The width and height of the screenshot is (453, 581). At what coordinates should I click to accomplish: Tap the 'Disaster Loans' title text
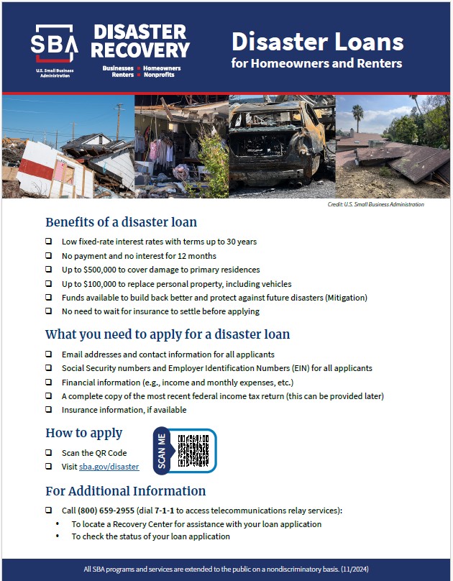(317, 42)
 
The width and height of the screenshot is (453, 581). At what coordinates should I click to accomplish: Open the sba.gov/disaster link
(109, 467)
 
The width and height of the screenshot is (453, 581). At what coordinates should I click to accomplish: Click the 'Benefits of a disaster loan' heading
(121, 222)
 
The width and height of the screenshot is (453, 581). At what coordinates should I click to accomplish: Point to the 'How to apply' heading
(84, 433)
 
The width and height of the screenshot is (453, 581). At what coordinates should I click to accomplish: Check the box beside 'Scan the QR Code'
(48, 453)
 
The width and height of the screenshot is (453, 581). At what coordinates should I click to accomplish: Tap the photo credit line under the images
(375, 205)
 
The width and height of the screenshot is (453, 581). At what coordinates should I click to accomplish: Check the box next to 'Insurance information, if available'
(48, 410)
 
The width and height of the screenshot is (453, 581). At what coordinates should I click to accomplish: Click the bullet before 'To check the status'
(58, 536)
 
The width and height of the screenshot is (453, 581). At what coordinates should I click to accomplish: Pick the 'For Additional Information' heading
(125, 491)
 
